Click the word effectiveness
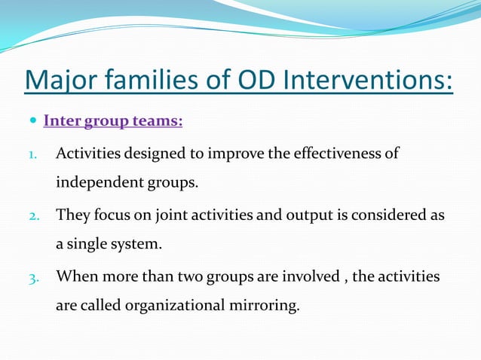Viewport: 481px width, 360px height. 337,154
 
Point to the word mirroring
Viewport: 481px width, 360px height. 263,307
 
